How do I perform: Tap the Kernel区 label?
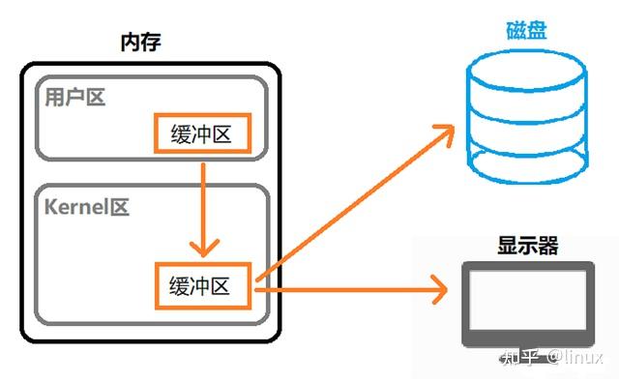point(87,207)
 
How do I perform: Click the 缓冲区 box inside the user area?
point(202,133)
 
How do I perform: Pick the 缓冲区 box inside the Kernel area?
point(202,286)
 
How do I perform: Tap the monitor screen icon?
point(528,301)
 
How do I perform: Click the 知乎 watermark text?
point(519,359)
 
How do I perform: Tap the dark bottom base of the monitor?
point(528,339)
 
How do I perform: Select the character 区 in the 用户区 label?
point(96,98)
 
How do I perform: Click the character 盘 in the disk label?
point(537,30)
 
